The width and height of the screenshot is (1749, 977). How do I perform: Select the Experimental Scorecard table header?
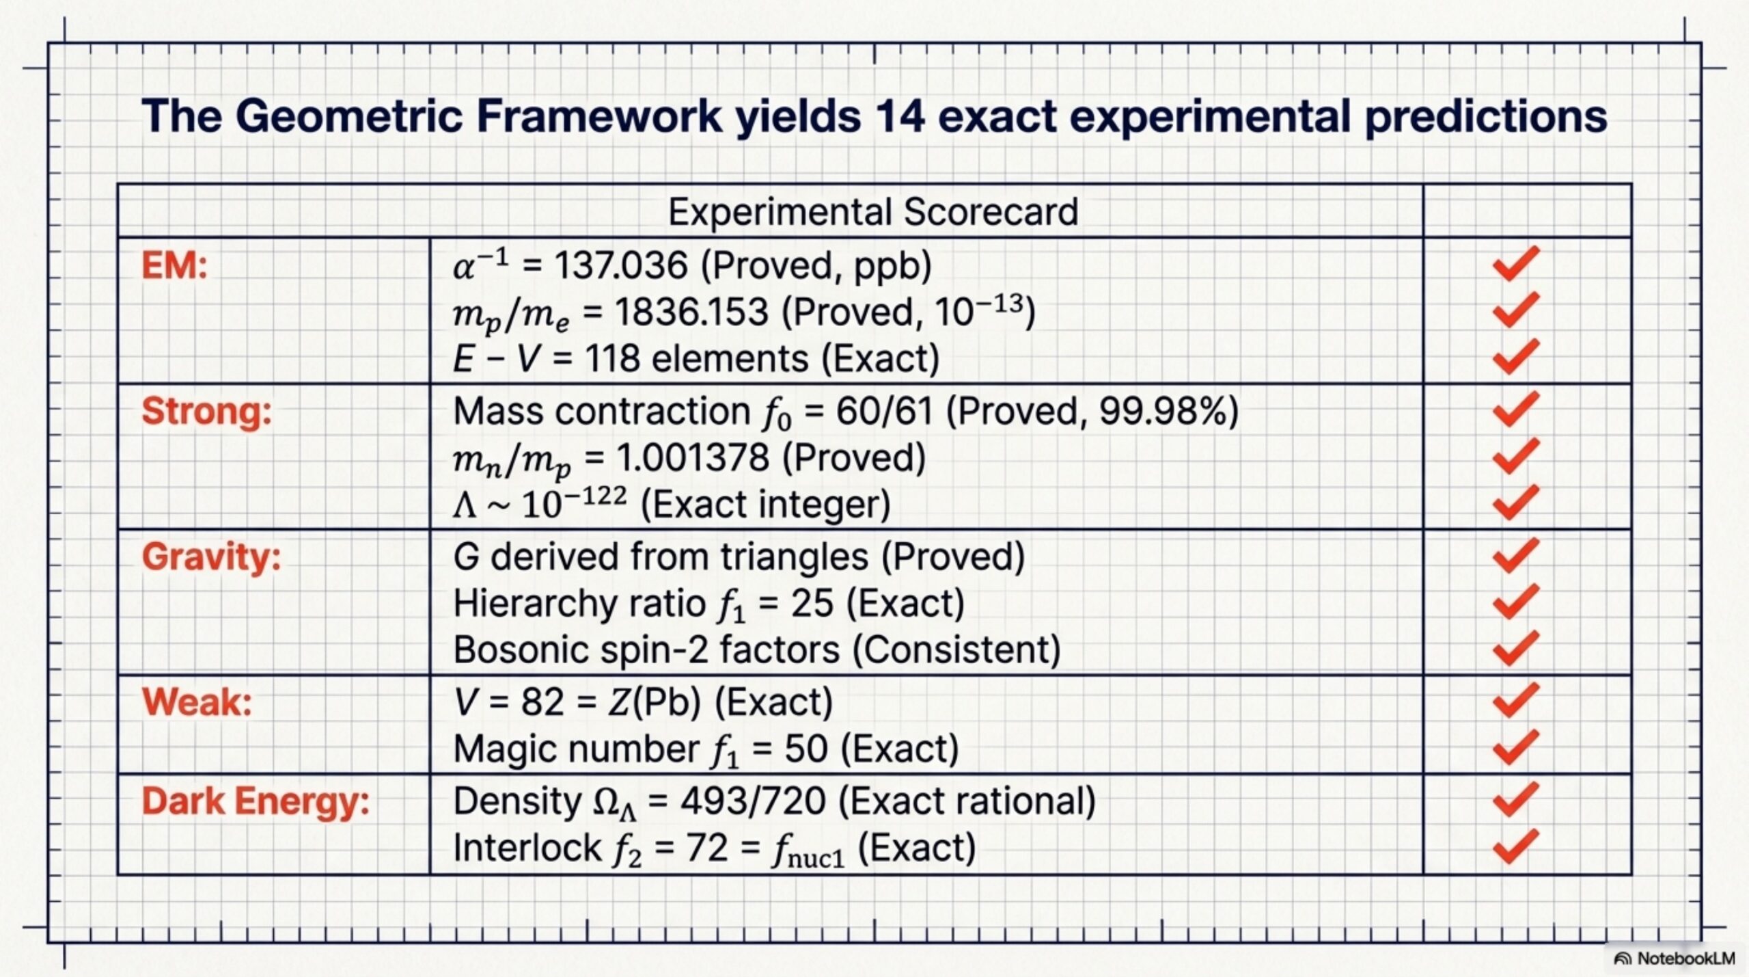(873, 211)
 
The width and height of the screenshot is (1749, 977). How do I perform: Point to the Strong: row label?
(206, 412)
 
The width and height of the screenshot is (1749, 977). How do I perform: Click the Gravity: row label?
(211, 557)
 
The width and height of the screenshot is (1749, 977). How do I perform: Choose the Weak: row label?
(197, 702)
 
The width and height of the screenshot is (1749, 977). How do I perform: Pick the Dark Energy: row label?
(256, 801)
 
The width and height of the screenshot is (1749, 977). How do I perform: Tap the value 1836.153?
(691, 312)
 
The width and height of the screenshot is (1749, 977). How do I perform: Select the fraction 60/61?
(884, 412)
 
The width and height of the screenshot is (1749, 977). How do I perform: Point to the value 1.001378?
(693, 457)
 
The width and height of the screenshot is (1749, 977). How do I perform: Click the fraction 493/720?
(753, 801)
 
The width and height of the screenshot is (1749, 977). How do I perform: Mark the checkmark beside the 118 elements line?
(1515, 356)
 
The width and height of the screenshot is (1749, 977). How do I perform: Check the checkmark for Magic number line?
(1515, 747)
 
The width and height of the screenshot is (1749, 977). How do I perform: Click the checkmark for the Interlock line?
(1515, 846)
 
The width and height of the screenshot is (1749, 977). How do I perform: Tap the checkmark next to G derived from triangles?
(1515, 555)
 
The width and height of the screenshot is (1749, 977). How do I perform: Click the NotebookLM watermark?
(1675, 958)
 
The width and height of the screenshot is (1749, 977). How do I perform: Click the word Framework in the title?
(599, 116)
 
